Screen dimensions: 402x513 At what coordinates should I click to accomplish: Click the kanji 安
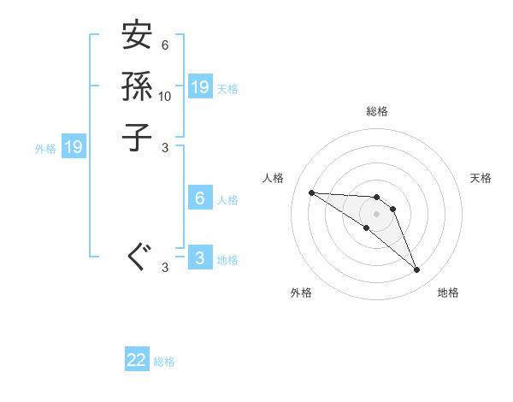[x=138, y=37]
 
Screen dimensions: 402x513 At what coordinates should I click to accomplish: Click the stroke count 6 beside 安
[x=165, y=45]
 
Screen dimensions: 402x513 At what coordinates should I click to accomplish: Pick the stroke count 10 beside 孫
[x=165, y=96]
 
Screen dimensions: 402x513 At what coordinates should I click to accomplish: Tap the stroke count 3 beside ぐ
[x=165, y=268]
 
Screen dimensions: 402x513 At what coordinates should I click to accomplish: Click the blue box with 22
[x=137, y=361]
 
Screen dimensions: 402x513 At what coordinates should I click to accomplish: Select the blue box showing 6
[x=200, y=198]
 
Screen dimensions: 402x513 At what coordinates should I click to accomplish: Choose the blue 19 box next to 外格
[x=74, y=147]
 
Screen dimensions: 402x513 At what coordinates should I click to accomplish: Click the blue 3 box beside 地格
[x=200, y=258]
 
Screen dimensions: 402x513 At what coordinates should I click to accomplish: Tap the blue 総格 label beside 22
[x=165, y=362]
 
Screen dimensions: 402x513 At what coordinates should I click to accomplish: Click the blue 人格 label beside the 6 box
[x=227, y=200]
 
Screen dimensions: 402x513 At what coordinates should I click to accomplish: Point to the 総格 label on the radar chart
[x=377, y=111]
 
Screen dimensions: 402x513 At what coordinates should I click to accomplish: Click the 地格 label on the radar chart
[x=448, y=293]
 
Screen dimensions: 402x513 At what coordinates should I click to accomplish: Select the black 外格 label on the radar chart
[x=301, y=293]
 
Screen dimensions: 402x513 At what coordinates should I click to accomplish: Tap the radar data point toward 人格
[x=311, y=192]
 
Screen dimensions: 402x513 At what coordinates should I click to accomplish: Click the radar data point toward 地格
[x=416, y=270]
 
